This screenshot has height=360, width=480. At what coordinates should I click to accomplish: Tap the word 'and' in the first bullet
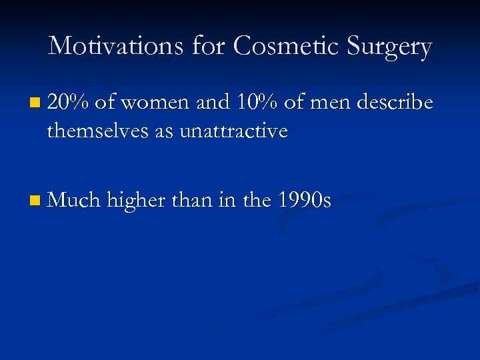[211, 103]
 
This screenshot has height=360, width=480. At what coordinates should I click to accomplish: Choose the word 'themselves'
[99, 131]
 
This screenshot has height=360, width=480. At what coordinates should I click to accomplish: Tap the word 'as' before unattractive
[165, 132]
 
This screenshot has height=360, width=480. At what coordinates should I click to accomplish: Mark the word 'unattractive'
[233, 131]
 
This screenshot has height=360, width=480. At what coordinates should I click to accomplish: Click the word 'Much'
[73, 199]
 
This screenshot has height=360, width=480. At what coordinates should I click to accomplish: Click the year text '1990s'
[304, 199]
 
